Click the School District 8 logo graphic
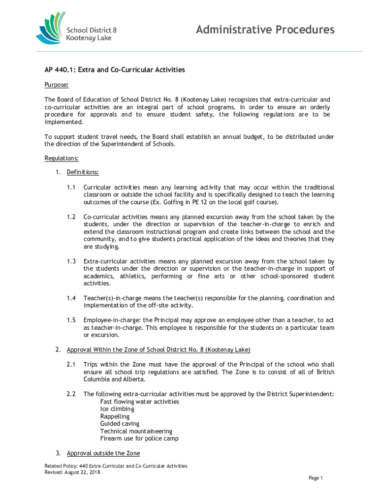coord(51,28)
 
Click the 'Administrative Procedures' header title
coord(265,31)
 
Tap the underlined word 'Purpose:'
coord(56,85)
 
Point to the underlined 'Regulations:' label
coord(62,158)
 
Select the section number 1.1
coord(71,188)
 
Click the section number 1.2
coord(71,217)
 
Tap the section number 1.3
coord(71,261)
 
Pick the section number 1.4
coord(71,298)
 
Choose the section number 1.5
coord(71,320)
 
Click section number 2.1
coord(71,365)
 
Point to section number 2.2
coord(71,394)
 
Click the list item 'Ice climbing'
coord(117,409)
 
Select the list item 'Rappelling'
coord(115,416)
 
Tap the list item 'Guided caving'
coord(120,424)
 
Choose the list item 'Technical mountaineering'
coord(136,431)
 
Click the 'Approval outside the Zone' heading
coord(103,453)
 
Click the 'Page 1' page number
coord(315,478)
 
